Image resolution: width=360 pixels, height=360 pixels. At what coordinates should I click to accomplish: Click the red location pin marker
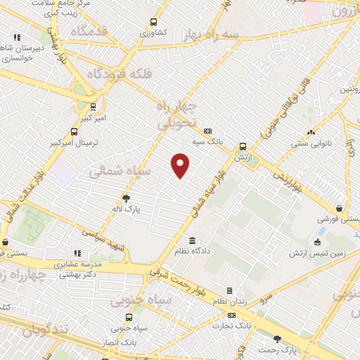(181, 165)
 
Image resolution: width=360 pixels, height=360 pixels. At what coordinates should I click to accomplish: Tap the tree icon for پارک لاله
(127, 198)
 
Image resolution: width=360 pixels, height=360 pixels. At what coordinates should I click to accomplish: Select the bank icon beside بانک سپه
(207, 131)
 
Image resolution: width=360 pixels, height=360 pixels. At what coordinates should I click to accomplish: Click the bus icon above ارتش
(243, 146)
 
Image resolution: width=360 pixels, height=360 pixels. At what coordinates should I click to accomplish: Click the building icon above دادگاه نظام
(193, 240)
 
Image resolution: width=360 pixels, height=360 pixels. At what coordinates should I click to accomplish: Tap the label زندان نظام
(229, 302)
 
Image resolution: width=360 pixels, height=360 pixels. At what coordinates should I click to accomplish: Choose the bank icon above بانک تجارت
(231, 315)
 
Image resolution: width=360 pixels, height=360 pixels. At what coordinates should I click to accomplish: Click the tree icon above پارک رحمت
(277, 339)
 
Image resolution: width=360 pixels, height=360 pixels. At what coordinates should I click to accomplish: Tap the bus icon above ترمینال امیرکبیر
(75, 131)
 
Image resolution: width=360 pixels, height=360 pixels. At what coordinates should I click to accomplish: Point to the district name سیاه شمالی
(117, 170)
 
